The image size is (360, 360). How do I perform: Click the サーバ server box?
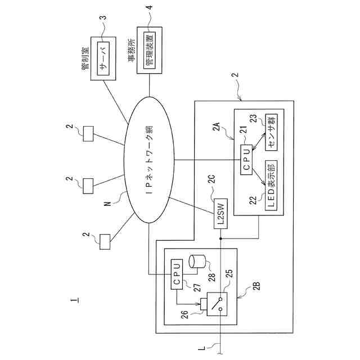coord(103,58)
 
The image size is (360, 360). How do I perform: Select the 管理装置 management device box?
coord(150,51)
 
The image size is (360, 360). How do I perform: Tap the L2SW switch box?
coord(220,214)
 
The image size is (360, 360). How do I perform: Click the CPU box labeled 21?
coord(246,160)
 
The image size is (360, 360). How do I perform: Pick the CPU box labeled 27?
coord(177,274)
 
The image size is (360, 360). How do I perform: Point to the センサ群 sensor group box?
coord(271,132)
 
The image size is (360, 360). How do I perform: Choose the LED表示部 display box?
coord(271,186)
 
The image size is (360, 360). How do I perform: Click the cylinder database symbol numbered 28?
coord(197,262)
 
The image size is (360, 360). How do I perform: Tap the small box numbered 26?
coord(204,304)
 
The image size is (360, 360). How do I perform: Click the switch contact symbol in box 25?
coord(217,304)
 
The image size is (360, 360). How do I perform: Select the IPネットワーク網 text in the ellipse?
coord(149,160)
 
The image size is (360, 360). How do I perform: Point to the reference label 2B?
coord(256,286)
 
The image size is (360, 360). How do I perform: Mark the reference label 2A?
coord(217,127)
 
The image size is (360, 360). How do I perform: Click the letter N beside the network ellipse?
coord(107,204)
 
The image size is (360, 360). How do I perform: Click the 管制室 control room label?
coord(86,58)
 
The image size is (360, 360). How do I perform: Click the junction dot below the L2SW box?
coord(220,238)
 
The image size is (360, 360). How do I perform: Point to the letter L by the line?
coord(201,348)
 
